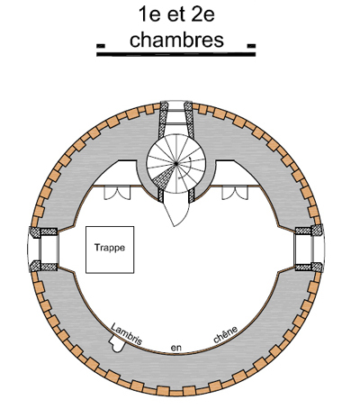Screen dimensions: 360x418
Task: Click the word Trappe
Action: (110, 248)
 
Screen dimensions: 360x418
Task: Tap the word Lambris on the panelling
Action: (126, 333)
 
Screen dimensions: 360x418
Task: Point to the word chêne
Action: (226, 334)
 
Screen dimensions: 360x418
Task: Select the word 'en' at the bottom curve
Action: (176, 348)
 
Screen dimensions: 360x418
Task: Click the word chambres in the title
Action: (176, 40)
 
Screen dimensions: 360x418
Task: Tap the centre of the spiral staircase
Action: (176, 163)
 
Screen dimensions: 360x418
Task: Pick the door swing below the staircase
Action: (178, 213)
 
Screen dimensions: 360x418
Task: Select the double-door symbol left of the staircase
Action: (117, 193)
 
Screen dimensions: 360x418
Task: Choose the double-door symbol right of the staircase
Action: (235, 193)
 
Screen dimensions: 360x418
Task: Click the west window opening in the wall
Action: (43, 250)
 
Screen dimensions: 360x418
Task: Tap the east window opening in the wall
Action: (310, 250)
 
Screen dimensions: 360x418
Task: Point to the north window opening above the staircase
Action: (176, 117)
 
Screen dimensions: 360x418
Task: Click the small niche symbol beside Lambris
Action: (116, 344)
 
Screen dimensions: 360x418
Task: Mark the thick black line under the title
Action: (175, 54)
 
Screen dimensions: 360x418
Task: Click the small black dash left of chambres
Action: (101, 46)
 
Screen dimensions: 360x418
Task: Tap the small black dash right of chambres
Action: (251, 46)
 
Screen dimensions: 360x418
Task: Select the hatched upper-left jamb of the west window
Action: (43, 232)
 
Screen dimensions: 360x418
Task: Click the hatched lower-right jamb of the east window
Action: (309, 267)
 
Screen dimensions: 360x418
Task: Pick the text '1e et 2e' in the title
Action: (176, 14)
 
